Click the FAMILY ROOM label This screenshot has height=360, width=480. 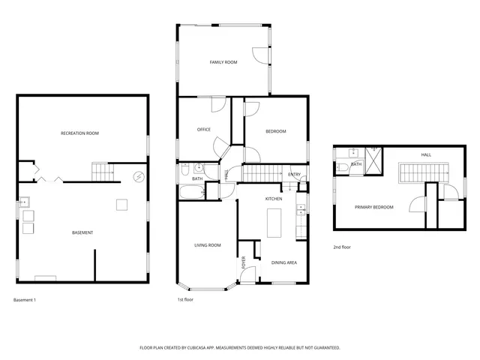coord(223,62)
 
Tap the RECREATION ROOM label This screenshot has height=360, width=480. coord(79,133)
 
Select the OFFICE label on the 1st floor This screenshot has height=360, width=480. coord(203,130)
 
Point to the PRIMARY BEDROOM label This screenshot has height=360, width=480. coord(373,207)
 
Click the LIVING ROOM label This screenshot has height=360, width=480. coord(207,245)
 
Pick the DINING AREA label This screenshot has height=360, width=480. coord(284,262)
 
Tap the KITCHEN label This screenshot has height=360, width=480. coord(273,199)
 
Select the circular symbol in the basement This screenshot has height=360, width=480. coord(138,177)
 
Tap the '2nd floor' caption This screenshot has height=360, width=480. coord(342,247)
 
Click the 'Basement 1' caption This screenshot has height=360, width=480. coord(25,300)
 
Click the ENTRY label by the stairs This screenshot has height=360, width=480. coord(294,175)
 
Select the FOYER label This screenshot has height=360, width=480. coord(243,263)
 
